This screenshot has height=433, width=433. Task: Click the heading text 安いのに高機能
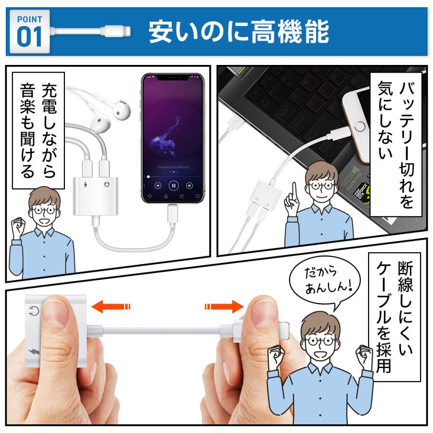[x=239, y=32]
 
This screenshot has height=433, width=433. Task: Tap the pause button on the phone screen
[x=173, y=185]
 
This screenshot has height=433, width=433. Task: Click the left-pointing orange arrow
[x=111, y=306]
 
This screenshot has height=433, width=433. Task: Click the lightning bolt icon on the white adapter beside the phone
[x=86, y=185]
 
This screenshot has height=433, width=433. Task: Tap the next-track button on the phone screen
[x=190, y=185]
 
